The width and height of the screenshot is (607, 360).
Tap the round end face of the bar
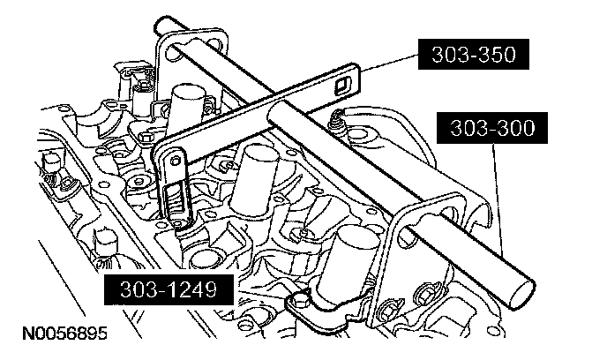[x=522, y=290]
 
